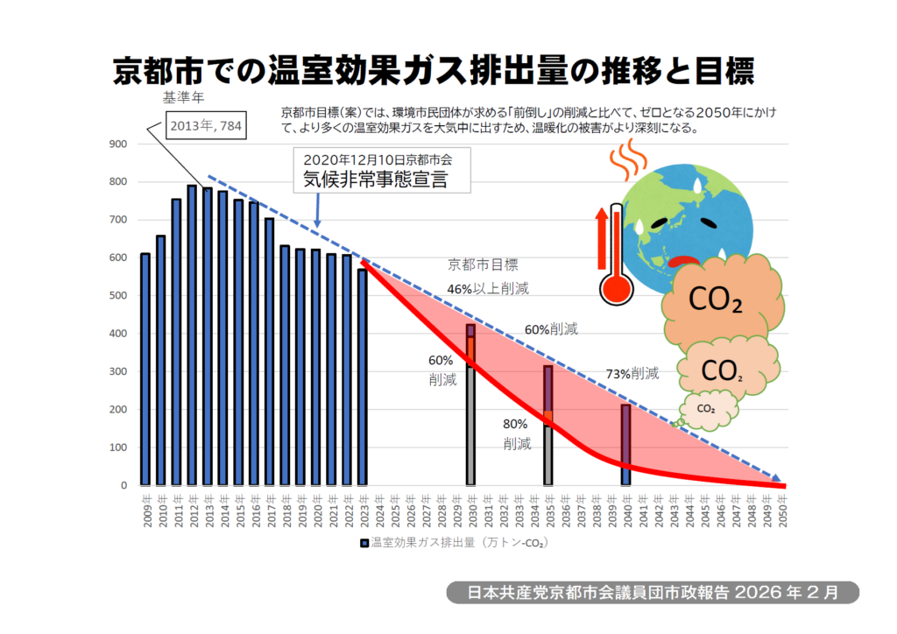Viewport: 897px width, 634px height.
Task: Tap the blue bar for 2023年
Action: (363, 377)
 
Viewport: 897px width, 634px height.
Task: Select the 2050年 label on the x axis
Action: (785, 509)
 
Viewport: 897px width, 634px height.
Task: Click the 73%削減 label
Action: (632, 374)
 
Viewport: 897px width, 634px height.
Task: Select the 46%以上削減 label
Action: (488, 287)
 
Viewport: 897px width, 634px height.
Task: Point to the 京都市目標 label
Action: (483, 264)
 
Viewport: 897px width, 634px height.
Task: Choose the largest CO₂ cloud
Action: (716, 297)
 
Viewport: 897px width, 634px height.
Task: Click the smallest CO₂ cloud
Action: (706, 408)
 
